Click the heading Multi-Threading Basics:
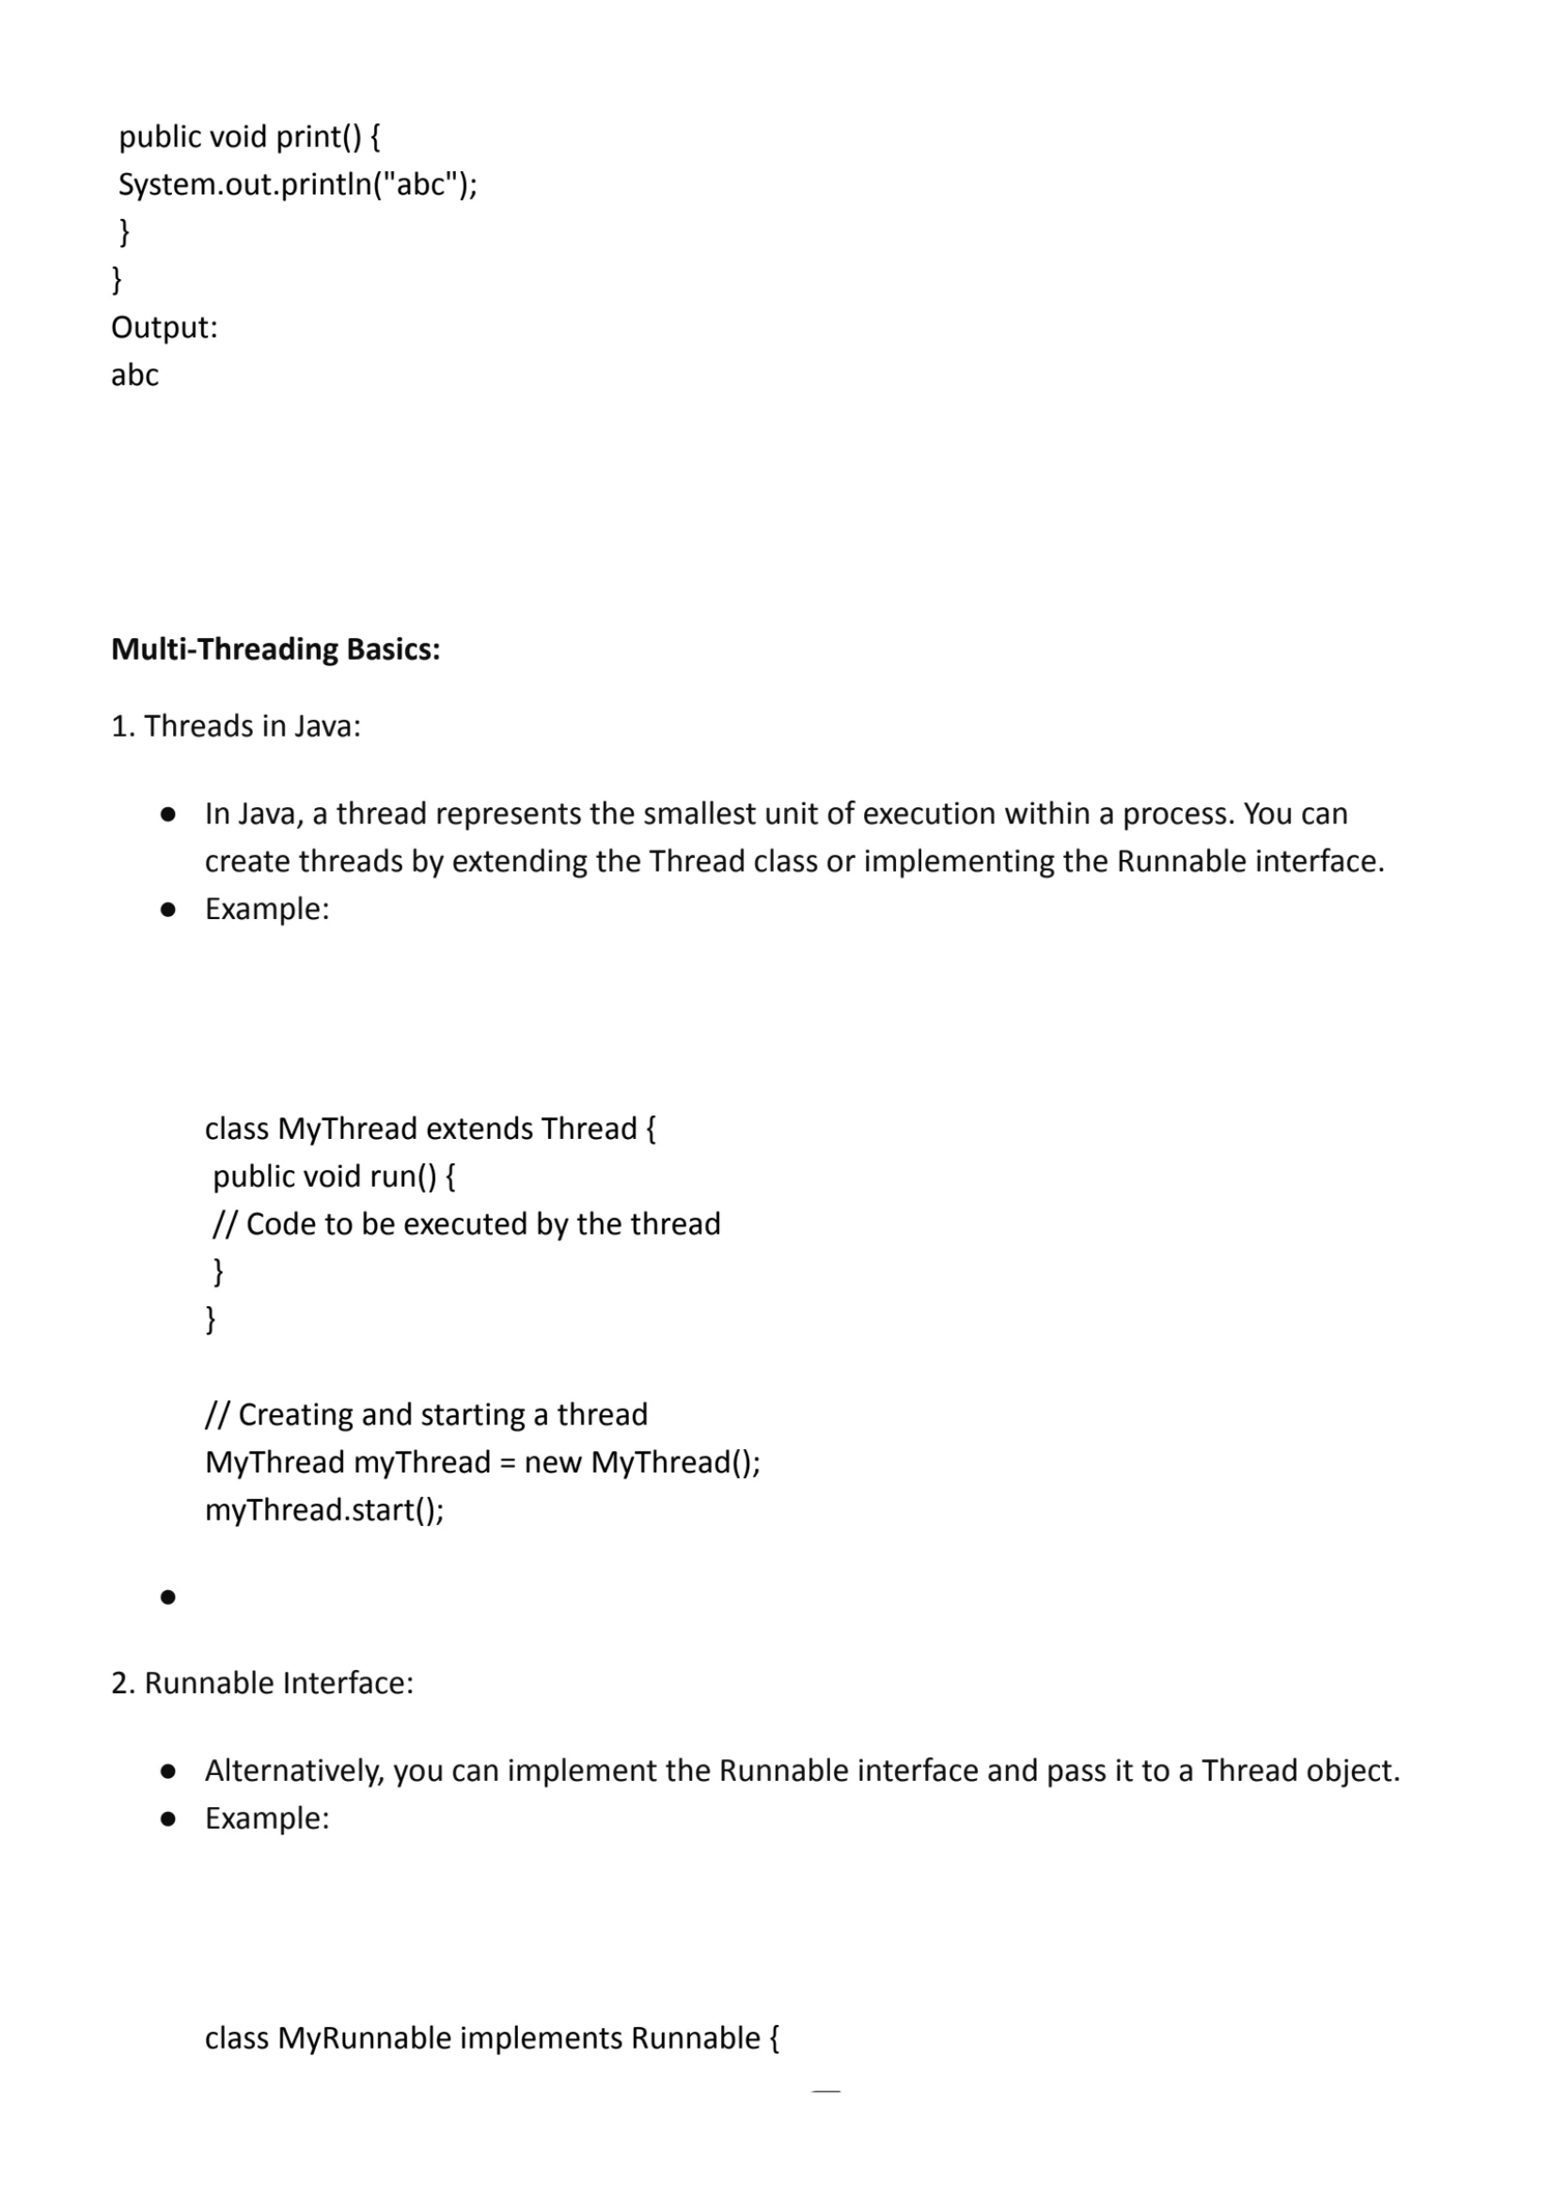click(275, 649)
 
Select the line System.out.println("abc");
click(297, 184)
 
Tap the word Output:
click(164, 327)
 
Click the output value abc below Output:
click(135, 375)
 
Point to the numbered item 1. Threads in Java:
click(236, 726)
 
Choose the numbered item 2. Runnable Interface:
click(262, 1683)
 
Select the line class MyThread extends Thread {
click(430, 1129)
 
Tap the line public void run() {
click(333, 1177)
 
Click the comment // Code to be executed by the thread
click(466, 1224)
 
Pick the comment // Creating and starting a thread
click(426, 1415)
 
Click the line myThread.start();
click(324, 1510)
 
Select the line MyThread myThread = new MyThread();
click(482, 1463)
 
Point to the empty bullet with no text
click(168, 1597)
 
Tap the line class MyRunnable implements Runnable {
click(492, 2038)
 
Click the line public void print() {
click(250, 137)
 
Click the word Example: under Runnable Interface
click(267, 1818)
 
